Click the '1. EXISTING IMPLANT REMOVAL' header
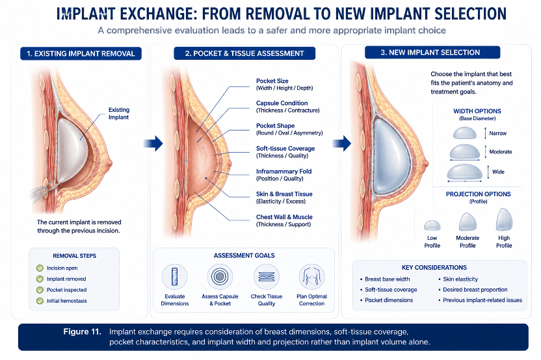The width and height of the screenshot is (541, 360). coord(81,53)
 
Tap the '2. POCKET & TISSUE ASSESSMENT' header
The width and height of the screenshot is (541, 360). coord(244,53)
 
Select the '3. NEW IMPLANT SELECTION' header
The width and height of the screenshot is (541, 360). coord(432,53)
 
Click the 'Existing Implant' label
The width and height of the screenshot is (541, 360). coord(119,114)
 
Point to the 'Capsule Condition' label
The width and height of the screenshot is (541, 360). coord(282,103)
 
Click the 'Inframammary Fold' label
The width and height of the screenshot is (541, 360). coord(284,172)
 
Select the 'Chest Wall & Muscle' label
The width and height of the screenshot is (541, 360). coord(284,217)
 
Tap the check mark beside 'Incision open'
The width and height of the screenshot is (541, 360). coord(40,268)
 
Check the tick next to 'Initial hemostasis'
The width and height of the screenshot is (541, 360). coord(40,301)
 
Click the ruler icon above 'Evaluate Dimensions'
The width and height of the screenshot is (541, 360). coord(174,277)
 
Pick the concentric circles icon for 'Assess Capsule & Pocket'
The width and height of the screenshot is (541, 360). coord(220,277)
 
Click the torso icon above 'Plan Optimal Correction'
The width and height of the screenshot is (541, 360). coord(311,277)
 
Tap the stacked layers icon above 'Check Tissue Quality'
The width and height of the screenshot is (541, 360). coord(267,277)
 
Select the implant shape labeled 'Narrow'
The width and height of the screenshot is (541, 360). coord(464,133)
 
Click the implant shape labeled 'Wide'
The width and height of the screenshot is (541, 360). coord(464,172)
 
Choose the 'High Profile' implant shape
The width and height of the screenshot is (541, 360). coord(504,219)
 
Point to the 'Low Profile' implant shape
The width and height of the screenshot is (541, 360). coord(432,225)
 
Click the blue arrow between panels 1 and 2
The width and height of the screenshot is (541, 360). coord(153,143)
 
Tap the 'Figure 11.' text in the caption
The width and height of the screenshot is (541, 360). coord(82,331)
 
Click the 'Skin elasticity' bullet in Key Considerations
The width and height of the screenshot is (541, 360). coord(460,279)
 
